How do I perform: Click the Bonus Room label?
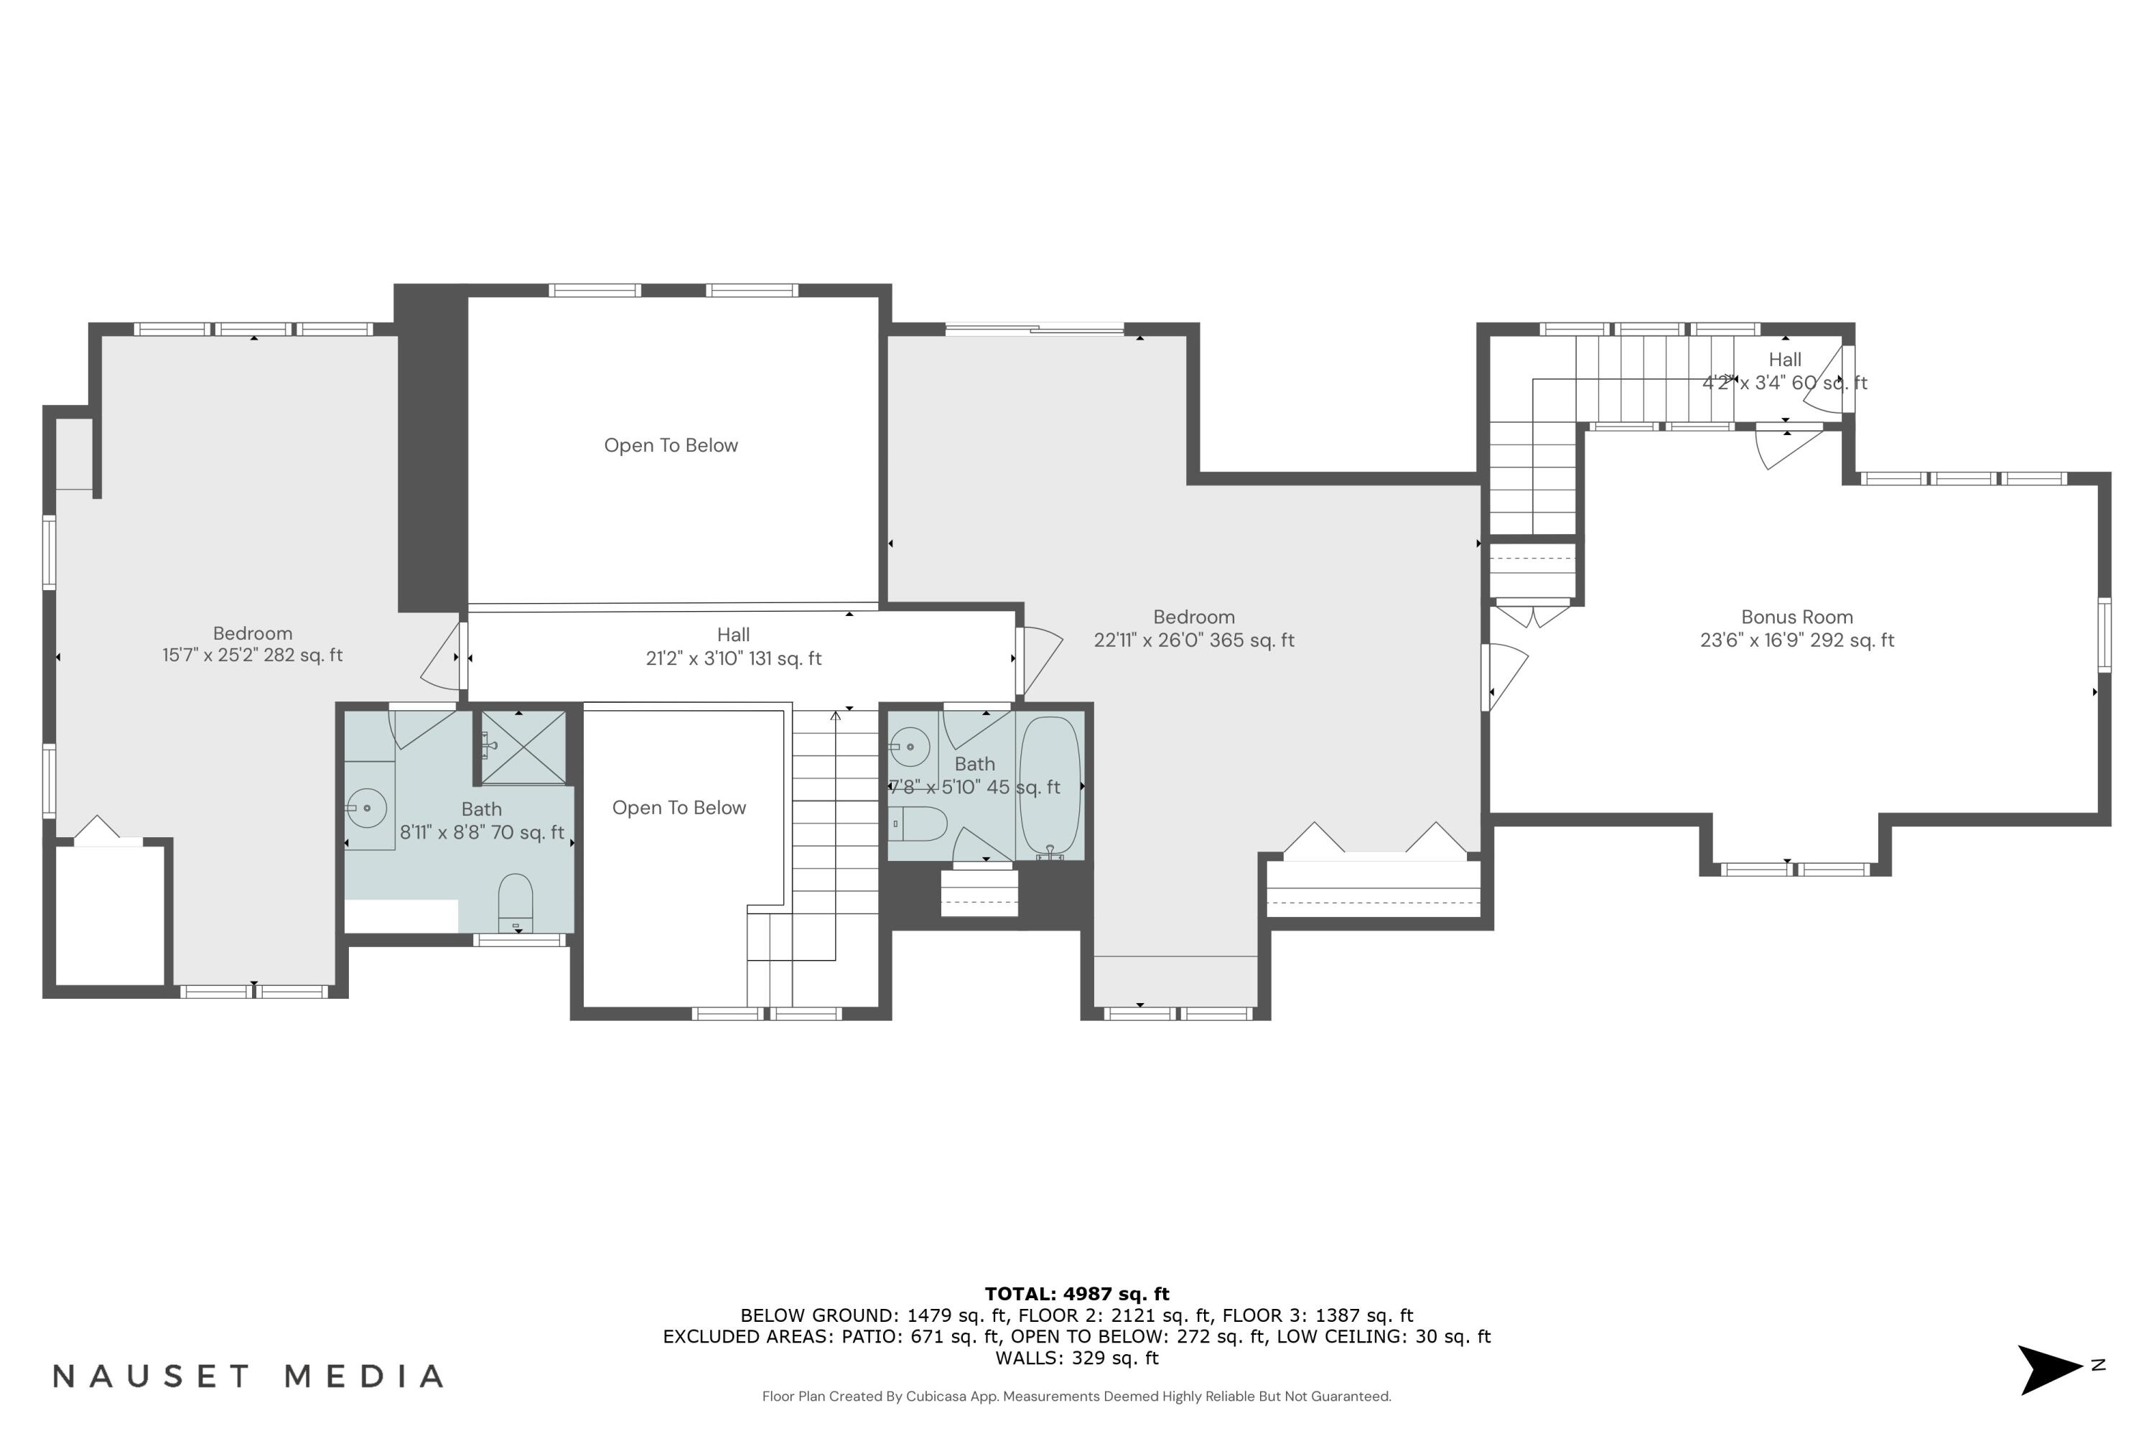click(x=1796, y=617)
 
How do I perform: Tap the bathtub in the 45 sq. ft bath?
click(x=1050, y=785)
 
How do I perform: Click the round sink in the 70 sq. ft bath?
click(x=366, y=808)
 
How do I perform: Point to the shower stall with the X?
click(x=523, y=747)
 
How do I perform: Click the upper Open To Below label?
click(x=671, y=446)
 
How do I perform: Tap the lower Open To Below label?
click(x=679, y=808)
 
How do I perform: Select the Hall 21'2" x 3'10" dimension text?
click(x=734, y=658)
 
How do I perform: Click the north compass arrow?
click(x=2050, y=1369)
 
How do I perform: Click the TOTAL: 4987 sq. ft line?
click(x=1077, y=1294)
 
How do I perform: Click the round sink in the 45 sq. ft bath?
click(x=910, y=747)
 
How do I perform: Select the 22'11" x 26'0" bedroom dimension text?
click(x=1193, y=640)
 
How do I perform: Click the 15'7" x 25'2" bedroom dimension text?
click(x=252, y=655)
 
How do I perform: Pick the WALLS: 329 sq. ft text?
click(x=1077, y=1358)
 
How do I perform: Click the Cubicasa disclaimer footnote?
click(x=1076, y=1397)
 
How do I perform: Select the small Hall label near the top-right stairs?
click(x=1784, y=360)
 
